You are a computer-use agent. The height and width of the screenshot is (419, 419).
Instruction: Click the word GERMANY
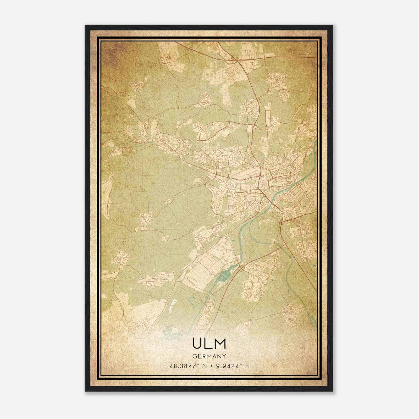click(209, 356)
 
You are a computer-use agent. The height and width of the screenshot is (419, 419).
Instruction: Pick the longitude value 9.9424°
click(229, 366)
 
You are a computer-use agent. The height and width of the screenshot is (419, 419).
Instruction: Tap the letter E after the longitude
click(247, 366)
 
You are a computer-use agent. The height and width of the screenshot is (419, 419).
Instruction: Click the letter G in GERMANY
click(194, 356)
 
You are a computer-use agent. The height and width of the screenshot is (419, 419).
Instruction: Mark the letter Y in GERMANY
click(224, 356)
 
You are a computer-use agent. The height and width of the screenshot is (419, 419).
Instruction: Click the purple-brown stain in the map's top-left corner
click(110, 52)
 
